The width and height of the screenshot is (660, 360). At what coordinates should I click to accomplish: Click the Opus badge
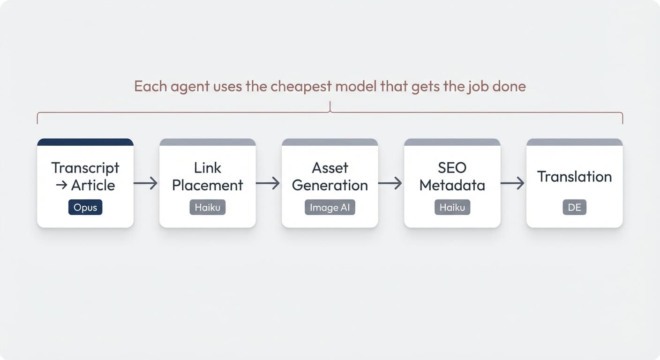pyautogui.click(x=85, y=207)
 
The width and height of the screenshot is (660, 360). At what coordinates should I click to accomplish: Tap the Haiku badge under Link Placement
pyautogui.click(x=208, y=207)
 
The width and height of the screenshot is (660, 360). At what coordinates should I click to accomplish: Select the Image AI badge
pyautogui.click(x=330, y=207)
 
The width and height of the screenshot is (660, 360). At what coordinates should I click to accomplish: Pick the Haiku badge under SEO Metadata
pyautogui.click(x=452, y=207)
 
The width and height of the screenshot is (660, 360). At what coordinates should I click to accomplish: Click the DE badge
pyautogui.click(x=574, y=207)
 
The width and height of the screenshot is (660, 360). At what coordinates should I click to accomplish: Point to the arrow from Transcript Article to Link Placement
pyautogui.click(x=146, y=183)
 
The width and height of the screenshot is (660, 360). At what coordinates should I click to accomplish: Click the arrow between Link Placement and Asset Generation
pyautogui.click(x=268, y=183)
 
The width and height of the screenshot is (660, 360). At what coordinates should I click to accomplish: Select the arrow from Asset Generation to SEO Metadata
pyautogui.click(x=390, y=183)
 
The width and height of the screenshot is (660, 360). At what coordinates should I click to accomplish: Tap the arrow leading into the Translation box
pyautogui.click(x=513, y=183)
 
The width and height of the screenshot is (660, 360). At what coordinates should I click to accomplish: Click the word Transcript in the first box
pyautogui.click(x=85, y=168)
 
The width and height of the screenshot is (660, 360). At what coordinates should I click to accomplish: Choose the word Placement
pyautogui.click(x=208, y=185)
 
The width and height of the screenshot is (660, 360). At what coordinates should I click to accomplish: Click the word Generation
pyautogui.click(x=330, y=185)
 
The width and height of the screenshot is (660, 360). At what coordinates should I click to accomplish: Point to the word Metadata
pyautogui.click(x=452, y=185)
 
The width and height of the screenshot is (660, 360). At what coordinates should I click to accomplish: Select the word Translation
pyautogui.click(x=574, y=177)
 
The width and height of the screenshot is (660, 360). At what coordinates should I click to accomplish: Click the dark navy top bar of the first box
pyautogui.click(x=85, y=142)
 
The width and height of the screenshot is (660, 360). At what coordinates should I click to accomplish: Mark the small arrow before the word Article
pyautogui.click(x=61, y=185)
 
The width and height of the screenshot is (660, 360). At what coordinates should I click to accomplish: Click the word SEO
pyautogui.click(x=452, y=168)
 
